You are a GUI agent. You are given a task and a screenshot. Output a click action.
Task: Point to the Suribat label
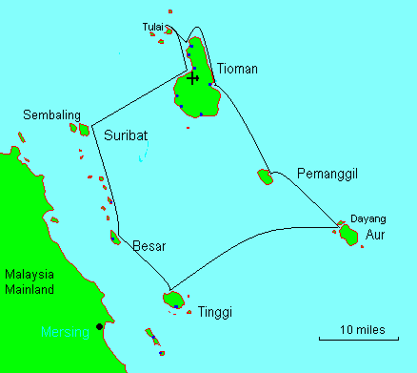coord(126,135)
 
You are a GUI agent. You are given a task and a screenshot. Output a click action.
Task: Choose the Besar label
coord(149,246)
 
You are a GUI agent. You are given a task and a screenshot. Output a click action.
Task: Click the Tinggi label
coord(215,312)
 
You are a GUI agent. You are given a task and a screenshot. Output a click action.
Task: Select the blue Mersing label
coord(64,332)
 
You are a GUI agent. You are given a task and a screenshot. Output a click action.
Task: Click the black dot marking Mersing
coord(99,327)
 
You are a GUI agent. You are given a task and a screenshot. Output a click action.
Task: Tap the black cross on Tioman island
coord(193,78)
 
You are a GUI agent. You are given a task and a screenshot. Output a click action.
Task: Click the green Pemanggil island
coord(265,176)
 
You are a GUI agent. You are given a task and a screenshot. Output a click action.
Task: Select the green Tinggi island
coord(172,300)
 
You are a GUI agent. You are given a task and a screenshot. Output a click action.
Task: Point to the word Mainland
coord(28,289)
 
